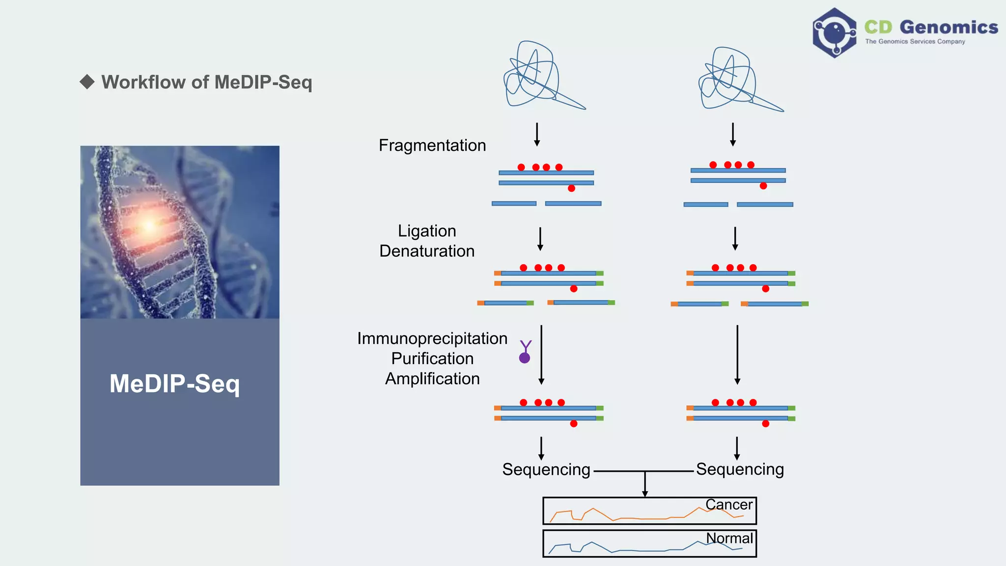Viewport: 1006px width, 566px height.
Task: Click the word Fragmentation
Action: click(432, 145)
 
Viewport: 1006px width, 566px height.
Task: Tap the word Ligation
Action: click(427, 231)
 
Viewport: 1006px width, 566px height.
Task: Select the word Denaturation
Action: click(427, 251)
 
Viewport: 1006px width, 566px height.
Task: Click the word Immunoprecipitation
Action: click(432, 339)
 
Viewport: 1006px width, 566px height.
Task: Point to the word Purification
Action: click(432, 359)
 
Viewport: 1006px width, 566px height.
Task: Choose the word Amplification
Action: click(432, 379)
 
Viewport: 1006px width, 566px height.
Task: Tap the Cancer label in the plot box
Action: click(728, 505)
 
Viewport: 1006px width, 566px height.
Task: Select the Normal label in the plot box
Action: click(729, 538)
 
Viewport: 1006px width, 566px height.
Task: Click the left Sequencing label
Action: click(546, 470)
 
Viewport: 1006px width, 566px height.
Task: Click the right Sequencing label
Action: click(739, 469)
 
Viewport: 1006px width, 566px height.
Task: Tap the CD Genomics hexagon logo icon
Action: click(834, 33)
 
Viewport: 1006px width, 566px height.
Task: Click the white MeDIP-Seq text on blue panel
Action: click(174, 384)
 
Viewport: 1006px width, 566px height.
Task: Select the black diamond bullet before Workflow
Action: click(87, 82)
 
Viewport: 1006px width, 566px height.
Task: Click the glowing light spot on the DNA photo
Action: click(148, 226)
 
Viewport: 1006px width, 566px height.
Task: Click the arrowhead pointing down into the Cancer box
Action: click(645, 493)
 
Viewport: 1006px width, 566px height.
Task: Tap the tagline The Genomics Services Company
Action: click(915, 42)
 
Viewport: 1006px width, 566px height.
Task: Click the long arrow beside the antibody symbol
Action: click(541, 354)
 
